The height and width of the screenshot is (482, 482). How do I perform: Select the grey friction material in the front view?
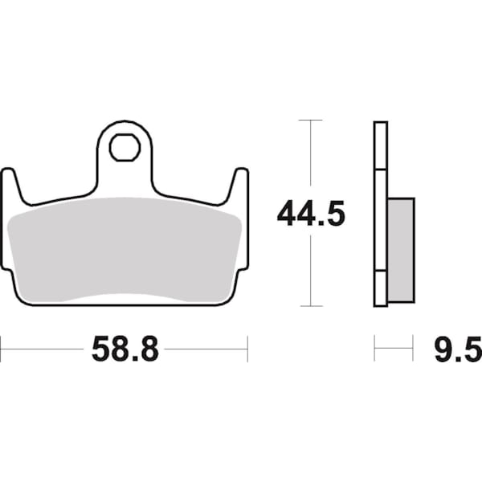(125, 249)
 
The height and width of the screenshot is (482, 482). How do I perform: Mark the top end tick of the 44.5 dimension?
(311, 120)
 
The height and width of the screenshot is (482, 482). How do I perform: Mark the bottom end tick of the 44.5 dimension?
(311, 306)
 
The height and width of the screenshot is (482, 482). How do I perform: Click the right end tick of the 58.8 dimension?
(247, 349)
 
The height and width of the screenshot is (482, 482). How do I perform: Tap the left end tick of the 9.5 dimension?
(375, 349)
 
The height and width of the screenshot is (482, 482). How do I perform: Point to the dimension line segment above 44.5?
(311, 157)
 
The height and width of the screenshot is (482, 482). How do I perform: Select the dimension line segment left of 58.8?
(44, 349)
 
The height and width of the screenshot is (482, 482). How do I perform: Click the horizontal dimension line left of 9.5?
(394, 349)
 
